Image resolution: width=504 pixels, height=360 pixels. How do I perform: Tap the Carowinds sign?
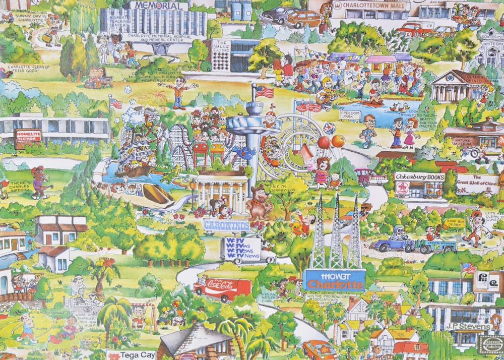[x=227, y=225]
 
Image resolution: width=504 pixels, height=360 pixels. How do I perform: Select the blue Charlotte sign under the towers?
[x=334, y=280]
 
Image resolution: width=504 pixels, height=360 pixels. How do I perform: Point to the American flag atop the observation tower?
[x=264, y=92]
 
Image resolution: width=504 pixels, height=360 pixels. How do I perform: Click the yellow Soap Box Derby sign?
[x=453, y=223]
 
